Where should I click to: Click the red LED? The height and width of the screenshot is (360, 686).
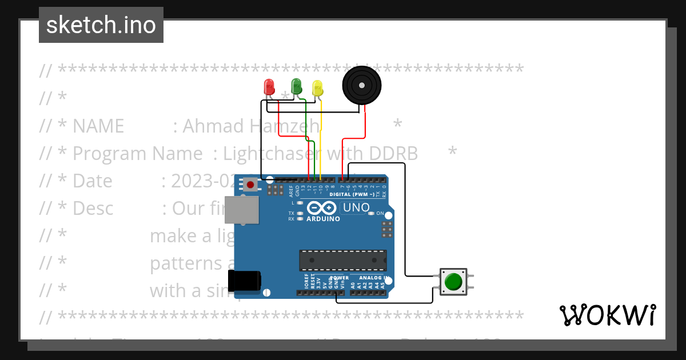[269, 87]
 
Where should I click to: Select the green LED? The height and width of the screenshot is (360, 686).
[296, 86]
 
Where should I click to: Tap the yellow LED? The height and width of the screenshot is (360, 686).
[318, 88]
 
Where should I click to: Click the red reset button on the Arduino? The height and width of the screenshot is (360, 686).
[250, 184]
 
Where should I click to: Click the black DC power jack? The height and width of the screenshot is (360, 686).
[244, 281]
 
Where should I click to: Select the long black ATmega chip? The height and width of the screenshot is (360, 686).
[342, 260]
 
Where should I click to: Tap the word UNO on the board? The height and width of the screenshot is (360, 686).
[356, 207]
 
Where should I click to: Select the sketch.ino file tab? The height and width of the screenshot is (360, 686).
[101, 25]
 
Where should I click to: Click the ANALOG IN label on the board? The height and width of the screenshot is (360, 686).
[374, 278]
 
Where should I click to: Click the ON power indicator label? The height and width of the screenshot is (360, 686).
[380, 213]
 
